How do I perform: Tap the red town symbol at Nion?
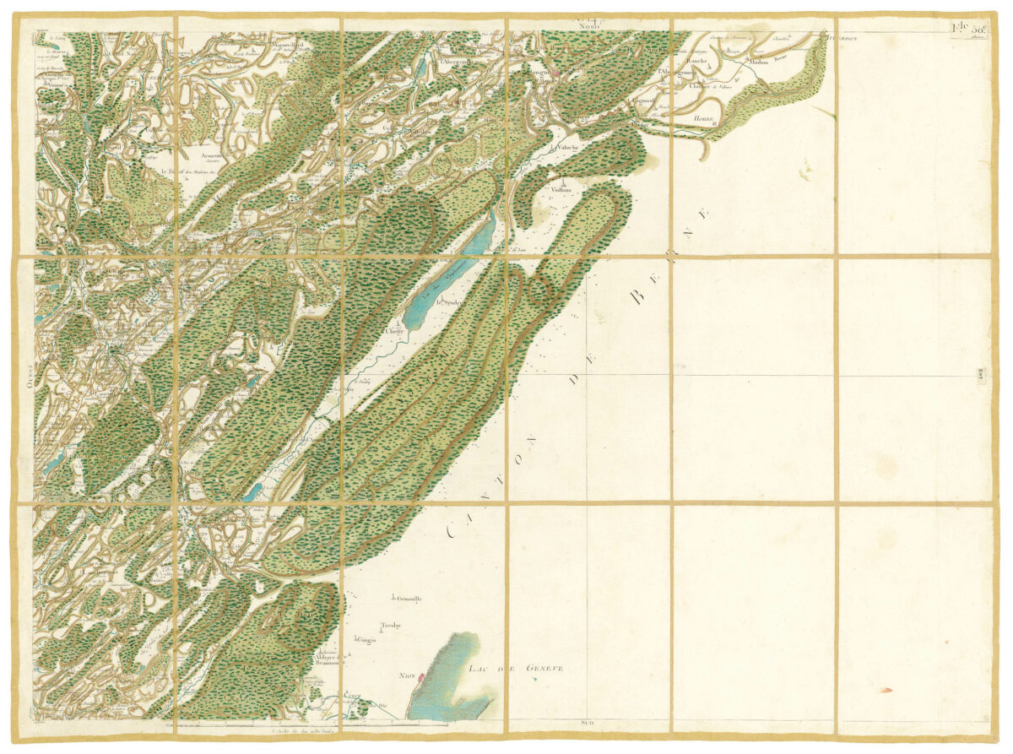coord(420,676)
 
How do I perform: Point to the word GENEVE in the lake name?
coord(544,669)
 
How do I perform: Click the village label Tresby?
coord(390,626)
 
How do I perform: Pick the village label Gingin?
coord(366,641)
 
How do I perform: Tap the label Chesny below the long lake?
coord(395,332)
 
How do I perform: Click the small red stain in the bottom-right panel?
coord(886,691)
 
